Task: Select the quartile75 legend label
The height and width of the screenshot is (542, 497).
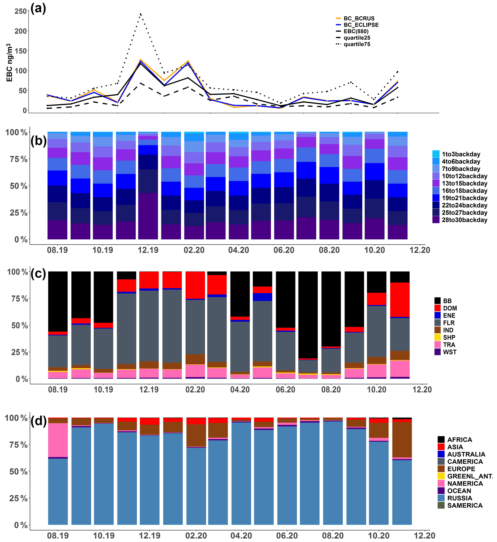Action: (357, 44)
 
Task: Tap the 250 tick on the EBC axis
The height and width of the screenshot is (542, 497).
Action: (20, 11)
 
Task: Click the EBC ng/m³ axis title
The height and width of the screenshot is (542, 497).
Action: (10, 62)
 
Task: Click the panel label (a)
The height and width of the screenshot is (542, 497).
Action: (38, 8)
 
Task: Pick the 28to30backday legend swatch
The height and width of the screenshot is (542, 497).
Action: (436, 220)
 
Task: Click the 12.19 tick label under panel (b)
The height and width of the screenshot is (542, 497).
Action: (148, 250)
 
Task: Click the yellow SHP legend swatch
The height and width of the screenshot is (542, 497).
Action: (438, 337)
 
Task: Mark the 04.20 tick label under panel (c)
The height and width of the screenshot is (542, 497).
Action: (240, 390)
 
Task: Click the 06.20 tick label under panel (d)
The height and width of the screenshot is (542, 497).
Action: (287, 536)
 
